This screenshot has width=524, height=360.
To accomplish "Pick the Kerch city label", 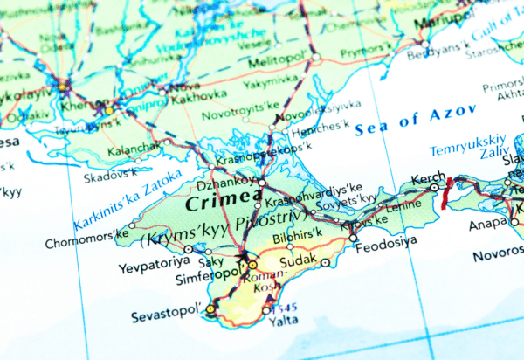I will (x=428, y=176).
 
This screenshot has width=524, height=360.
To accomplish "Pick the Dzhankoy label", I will (x=225, y=185).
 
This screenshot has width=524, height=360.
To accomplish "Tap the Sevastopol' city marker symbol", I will (x=210, y=308).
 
